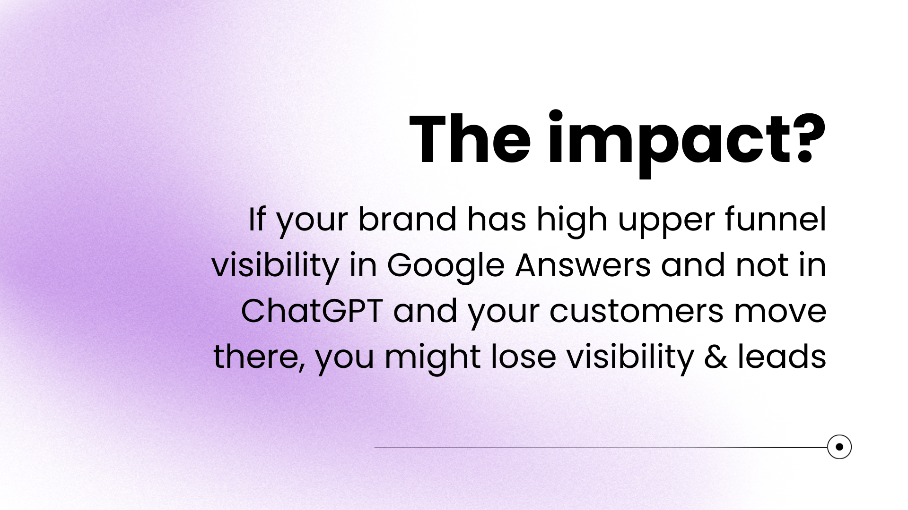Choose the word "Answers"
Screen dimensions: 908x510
583,265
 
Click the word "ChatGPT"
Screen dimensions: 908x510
312,311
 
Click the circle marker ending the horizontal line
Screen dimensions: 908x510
839,447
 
